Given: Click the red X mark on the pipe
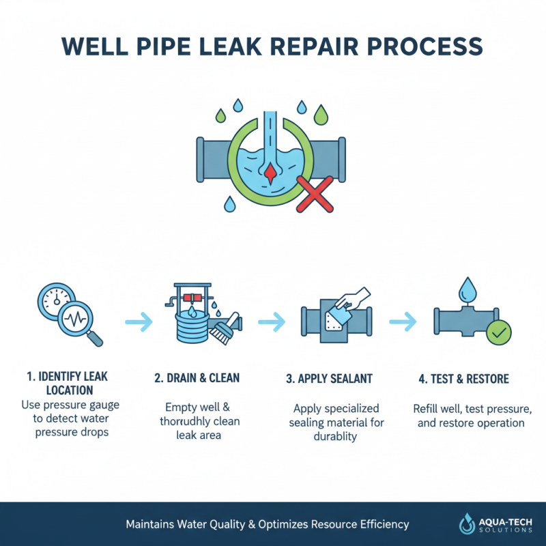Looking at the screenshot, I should click(x=311, y=196).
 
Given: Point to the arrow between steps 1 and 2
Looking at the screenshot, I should click(x=139, y=319).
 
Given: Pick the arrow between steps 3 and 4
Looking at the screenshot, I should click(x=403, y=319).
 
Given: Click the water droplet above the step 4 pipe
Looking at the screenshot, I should click(x=468, y=288).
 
